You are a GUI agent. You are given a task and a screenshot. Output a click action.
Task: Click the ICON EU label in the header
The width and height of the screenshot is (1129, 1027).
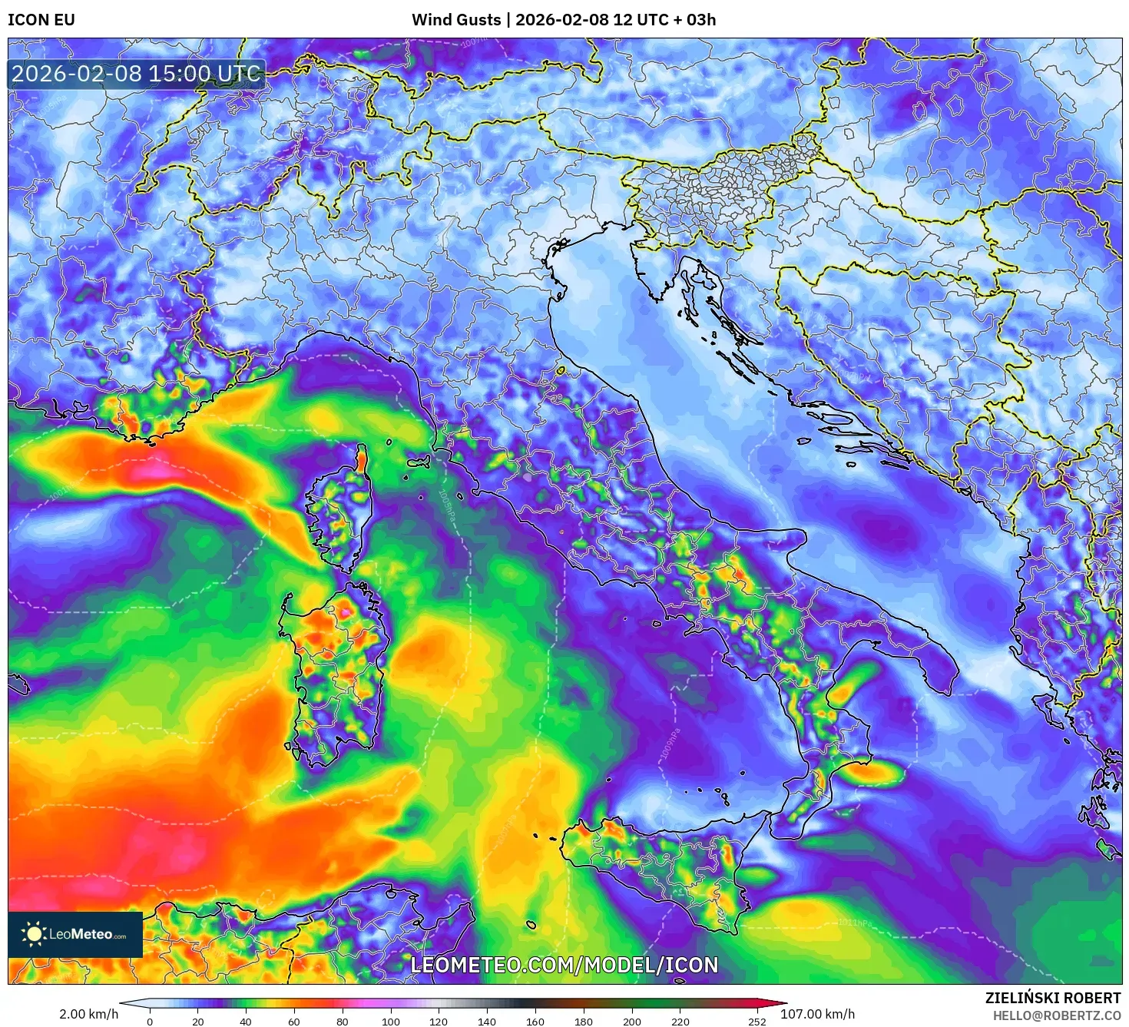coord(41,20)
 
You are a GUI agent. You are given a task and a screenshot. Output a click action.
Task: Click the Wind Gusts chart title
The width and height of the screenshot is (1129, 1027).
coord(564,20)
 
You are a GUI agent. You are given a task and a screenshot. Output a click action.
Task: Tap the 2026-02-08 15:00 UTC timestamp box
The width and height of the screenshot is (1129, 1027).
coord(137,75)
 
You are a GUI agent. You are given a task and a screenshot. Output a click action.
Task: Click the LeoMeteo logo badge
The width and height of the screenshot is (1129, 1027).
coord(75,934)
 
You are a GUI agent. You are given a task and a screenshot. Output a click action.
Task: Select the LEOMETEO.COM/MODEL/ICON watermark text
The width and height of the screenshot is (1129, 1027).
coord(564,966)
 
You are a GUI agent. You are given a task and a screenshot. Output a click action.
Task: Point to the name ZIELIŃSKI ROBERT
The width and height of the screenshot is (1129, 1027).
coord(1053,998)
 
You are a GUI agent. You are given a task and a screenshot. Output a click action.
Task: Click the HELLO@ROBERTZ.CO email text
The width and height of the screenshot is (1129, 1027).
coord(1057,1015)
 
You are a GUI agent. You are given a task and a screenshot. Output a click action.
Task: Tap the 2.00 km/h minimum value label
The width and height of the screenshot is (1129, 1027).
coord(89,1014)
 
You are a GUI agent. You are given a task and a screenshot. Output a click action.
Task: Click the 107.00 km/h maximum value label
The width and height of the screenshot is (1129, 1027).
coord(817,1014)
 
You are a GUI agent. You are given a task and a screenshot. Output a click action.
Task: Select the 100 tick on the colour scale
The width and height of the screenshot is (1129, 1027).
coord(391,1022)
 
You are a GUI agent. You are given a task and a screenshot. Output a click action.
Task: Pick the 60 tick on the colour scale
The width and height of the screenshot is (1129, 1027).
coord(294,1022)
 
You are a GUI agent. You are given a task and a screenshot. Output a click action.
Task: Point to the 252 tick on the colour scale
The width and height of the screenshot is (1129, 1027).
coord(757,1022)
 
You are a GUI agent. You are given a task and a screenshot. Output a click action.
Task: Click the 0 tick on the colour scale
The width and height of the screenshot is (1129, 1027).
coord(150,1022)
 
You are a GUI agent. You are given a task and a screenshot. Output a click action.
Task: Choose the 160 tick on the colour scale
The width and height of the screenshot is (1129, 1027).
coord(535,1022)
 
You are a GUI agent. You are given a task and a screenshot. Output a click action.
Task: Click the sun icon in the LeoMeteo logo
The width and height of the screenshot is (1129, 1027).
coord(34,934)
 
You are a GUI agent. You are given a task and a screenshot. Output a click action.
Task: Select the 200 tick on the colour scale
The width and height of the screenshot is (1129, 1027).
coord(632,1022)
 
